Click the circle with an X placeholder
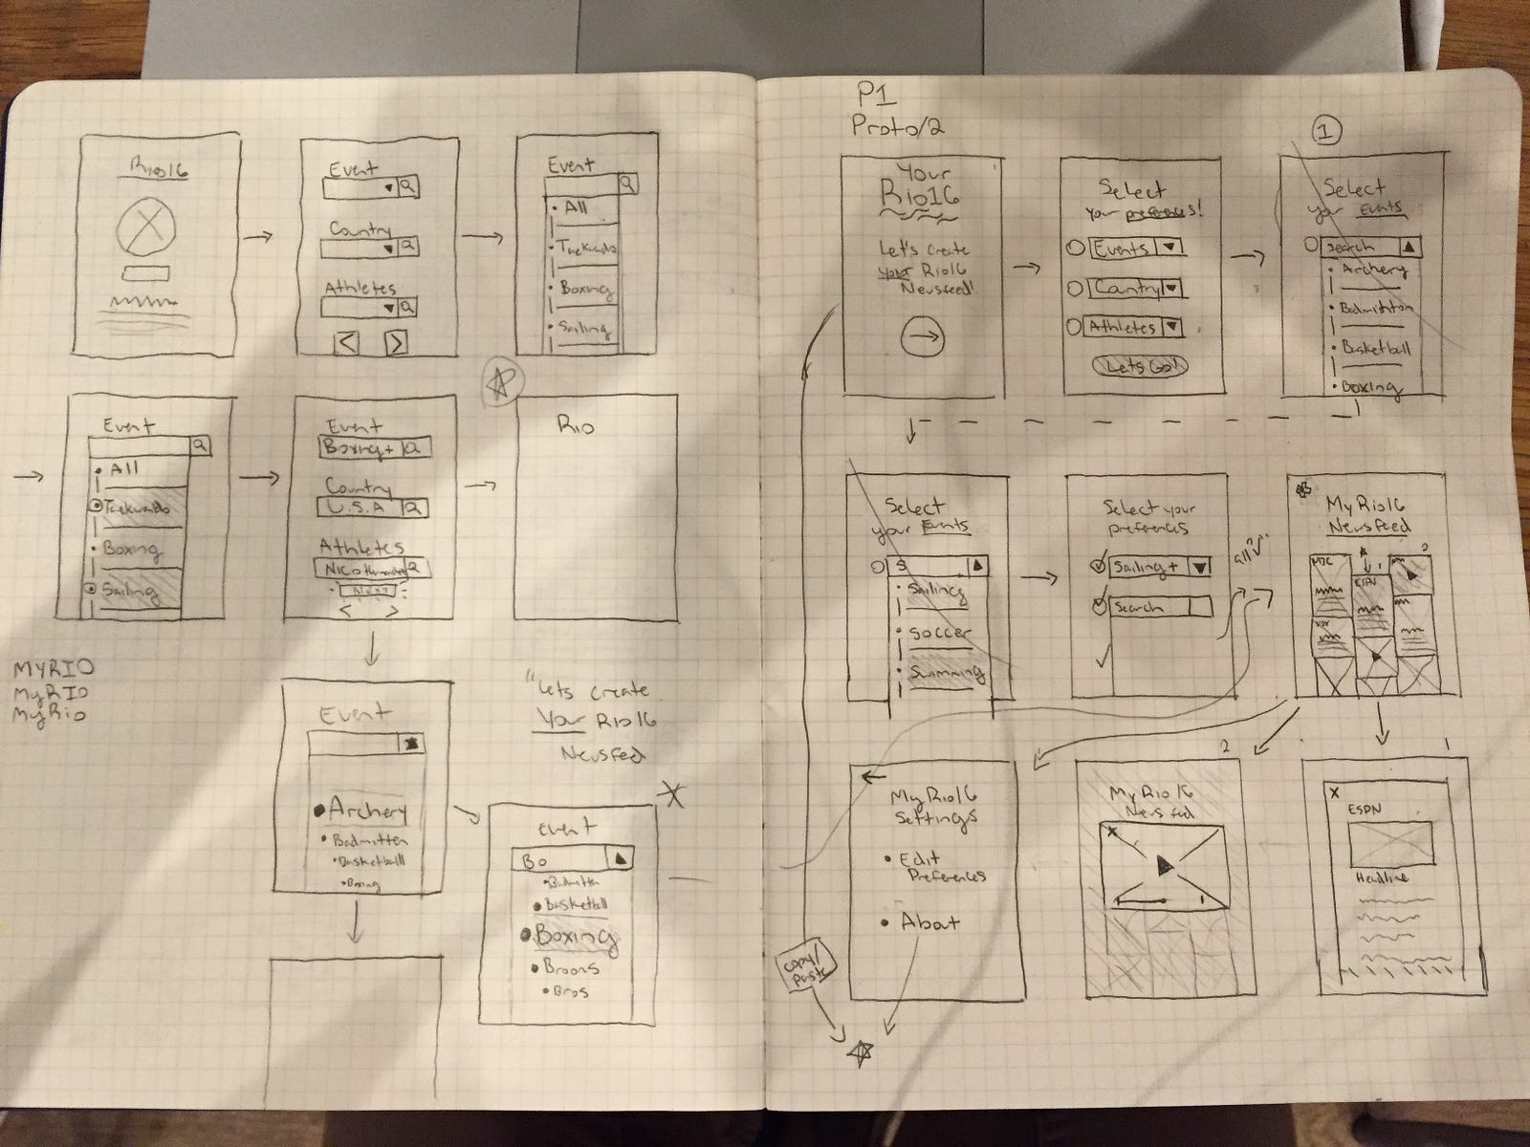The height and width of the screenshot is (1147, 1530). (147, 229)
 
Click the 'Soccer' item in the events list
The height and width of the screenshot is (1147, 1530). (940, 634)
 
